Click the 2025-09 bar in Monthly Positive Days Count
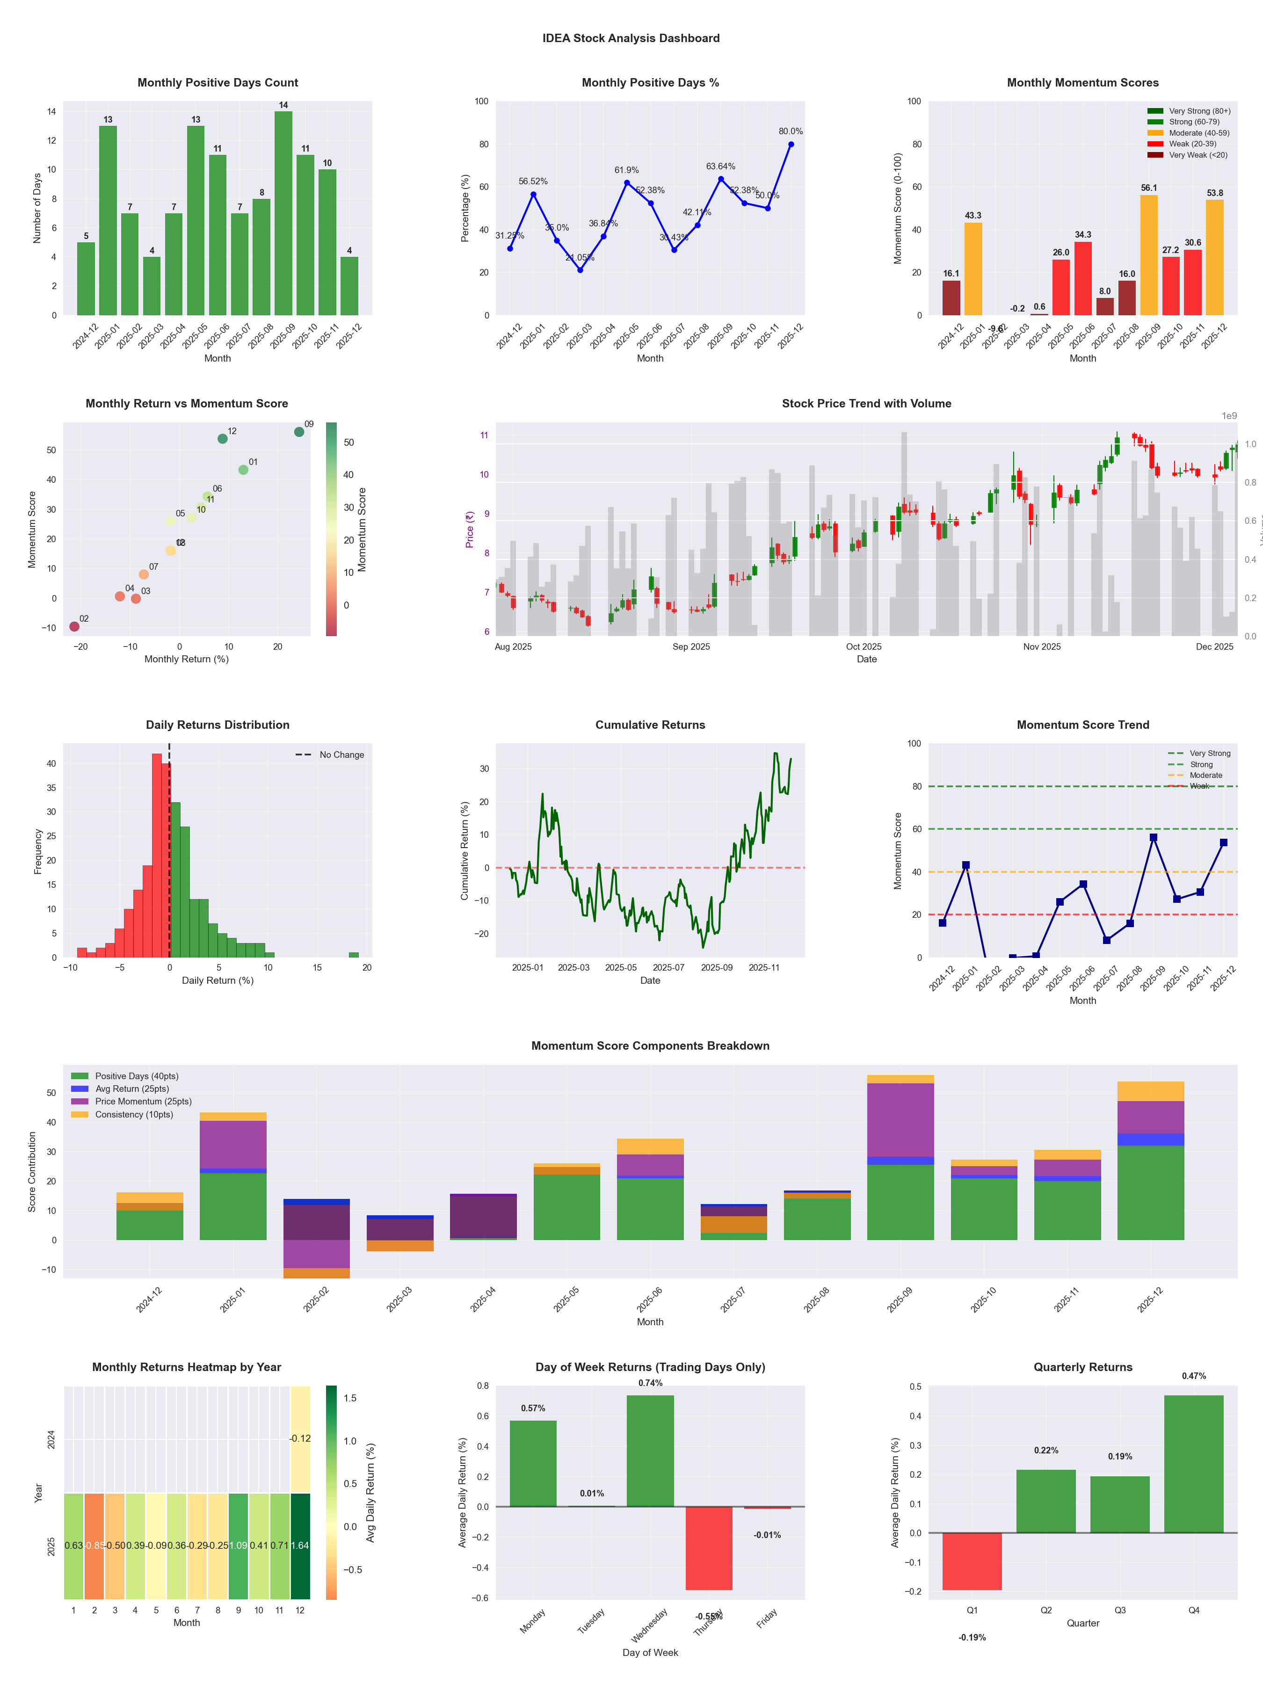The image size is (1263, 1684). click(x=283, y=213)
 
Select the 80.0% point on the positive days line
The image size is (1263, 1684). click(x=791, y=144)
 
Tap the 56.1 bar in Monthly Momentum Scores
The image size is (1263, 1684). click(x=1149, y=255)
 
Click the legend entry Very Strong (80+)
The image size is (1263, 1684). click(x=1199, y=111)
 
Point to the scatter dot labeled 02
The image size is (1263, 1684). click(x=74, y=626)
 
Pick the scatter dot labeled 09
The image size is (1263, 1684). click(x=299, y=432)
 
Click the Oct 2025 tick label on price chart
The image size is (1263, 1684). click(x=864, y=647)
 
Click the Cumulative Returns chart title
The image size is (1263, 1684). click(x=650, y=725)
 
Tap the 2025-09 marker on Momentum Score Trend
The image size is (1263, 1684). click(x=1154, y=837)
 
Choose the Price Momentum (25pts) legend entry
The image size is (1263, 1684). click(x=143, y=1102)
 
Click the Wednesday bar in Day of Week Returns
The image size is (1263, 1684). click(x=650, y=1450)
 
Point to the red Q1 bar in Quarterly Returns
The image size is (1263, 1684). click(x=972, y=1561)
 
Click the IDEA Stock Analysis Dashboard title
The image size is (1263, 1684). click(x=631, y=38)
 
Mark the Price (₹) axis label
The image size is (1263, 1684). click(x=470, y=529)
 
